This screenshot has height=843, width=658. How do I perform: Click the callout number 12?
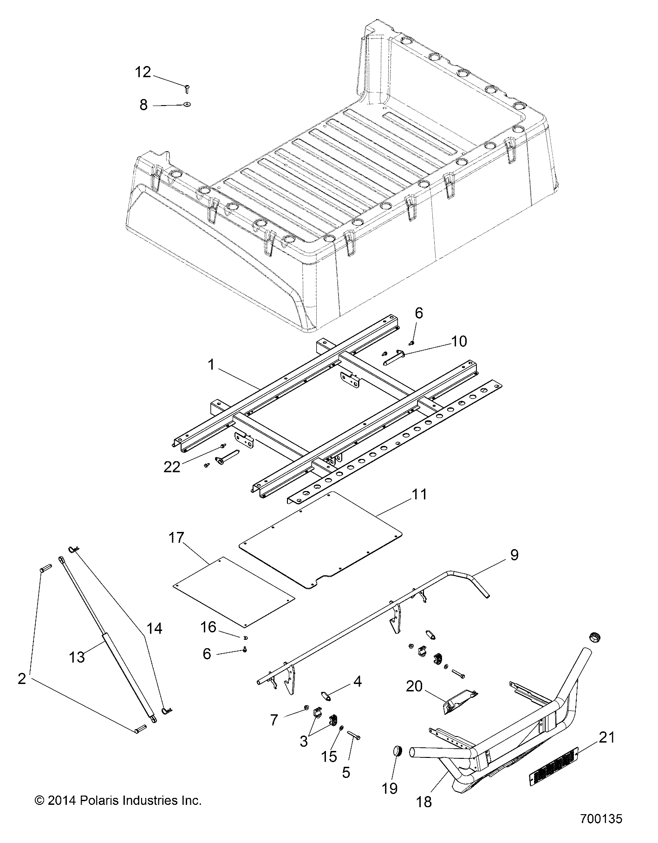pos(143,73)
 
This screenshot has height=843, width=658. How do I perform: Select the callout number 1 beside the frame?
pos(211,365)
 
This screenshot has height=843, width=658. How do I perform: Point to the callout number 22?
pos(171,466)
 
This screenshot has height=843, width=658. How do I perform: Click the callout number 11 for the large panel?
pos(419,494)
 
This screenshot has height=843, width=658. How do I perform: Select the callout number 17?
pos(176,538)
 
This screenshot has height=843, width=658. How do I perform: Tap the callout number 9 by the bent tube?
pos(514,555)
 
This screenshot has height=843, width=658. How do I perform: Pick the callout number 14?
pos(154,629)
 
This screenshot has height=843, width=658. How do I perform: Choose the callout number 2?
pos(21,679)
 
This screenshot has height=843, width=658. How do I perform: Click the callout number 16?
pos(208,627)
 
